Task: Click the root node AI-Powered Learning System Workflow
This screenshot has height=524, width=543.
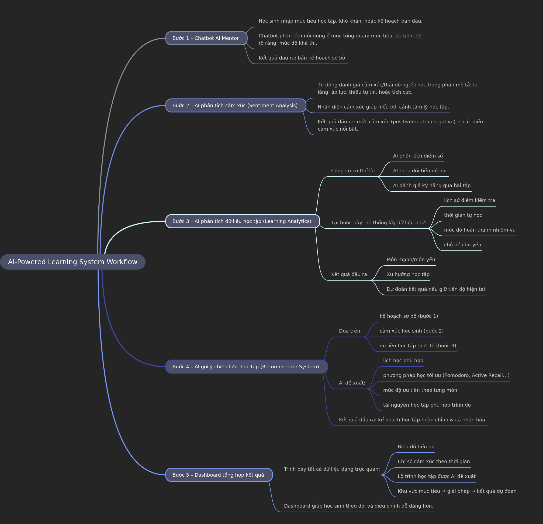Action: [x=72, y=262]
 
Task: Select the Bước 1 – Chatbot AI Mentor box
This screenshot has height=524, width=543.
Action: [x=206, y=38]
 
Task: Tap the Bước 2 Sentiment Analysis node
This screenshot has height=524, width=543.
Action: [x=236, y=106]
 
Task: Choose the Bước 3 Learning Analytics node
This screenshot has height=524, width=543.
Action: [x=243, y=221]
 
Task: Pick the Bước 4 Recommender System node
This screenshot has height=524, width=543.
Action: [x=246, y=366]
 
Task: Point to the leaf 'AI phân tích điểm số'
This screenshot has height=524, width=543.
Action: [x=418, y=156]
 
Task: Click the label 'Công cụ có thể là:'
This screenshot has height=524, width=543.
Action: [x=353, y=171]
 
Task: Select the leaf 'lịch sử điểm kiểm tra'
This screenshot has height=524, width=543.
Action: [x=469, y=200]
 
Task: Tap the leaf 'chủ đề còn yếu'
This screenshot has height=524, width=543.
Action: [x=462, y=245]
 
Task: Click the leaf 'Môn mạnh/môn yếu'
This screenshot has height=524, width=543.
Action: [x=411, y=260]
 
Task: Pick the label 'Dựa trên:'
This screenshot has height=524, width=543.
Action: [x=350, y=331]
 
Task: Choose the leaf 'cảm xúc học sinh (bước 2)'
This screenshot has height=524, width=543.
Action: [x=411, y=331]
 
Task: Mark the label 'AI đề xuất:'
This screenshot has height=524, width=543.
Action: [x=352, y=383]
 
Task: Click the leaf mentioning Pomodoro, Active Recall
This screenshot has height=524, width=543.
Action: [x=446, y=375]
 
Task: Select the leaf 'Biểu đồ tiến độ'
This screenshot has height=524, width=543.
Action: [x=416, y=446]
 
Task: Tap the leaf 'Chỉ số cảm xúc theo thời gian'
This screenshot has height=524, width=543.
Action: [x=434, y=462]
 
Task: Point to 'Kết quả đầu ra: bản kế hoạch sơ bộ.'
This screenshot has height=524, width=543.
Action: [x=303, y=58]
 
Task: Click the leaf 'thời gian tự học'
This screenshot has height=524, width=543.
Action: [x=463, y=215]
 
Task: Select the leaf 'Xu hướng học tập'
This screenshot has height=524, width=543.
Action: [x=408, y=274]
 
